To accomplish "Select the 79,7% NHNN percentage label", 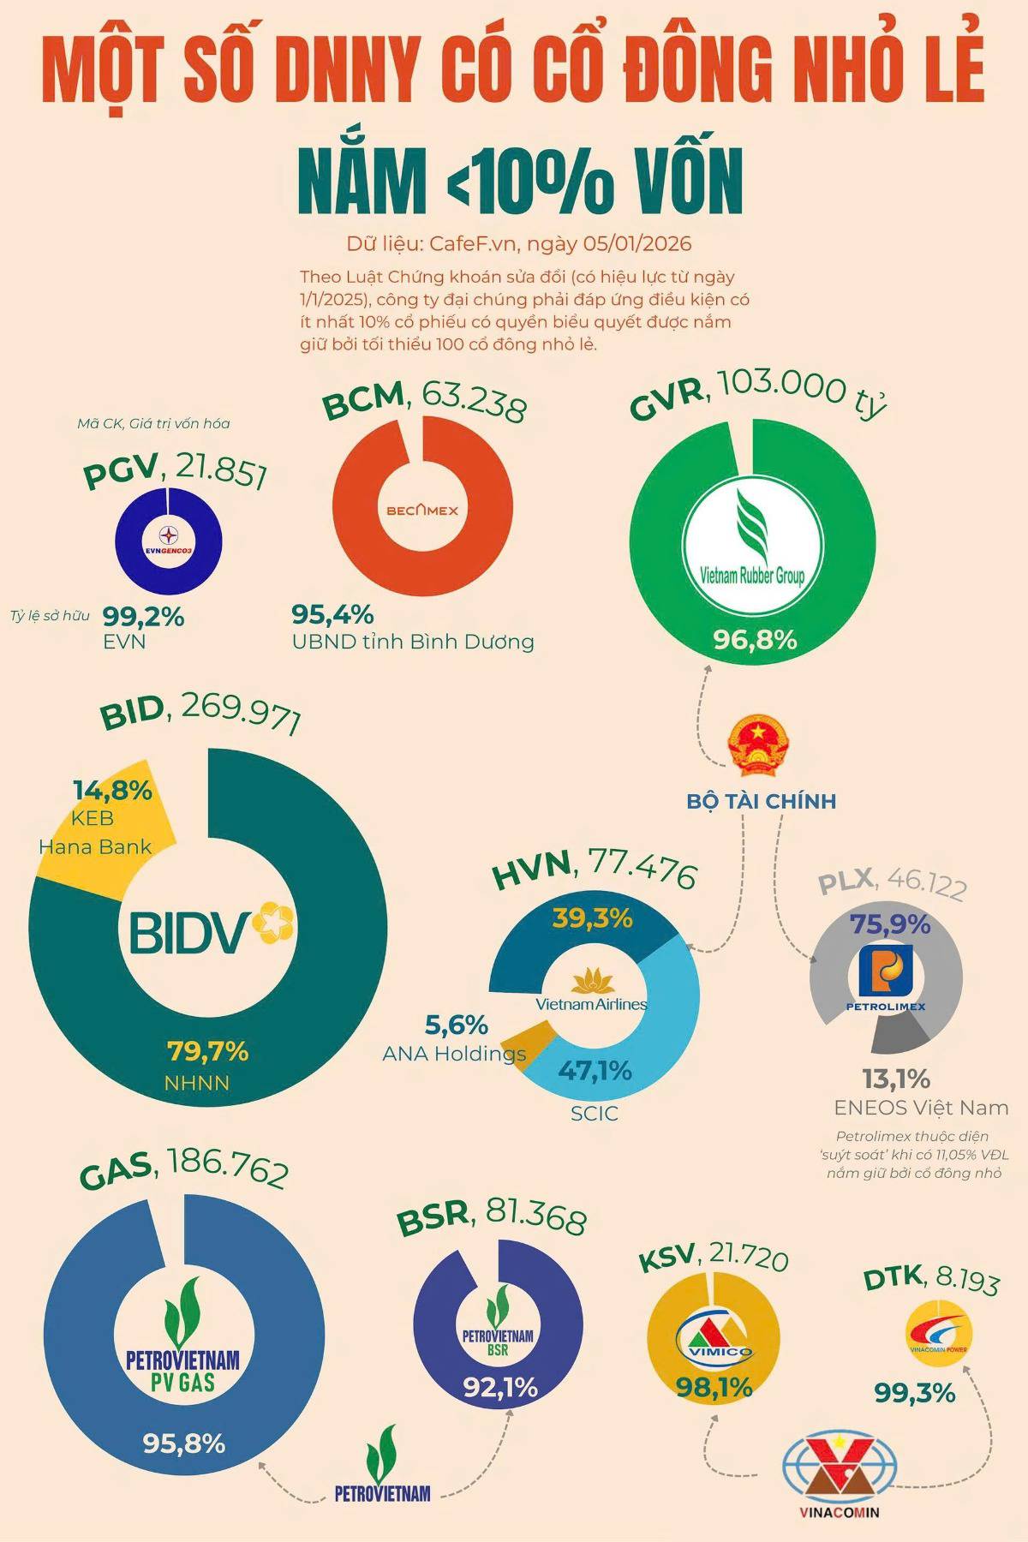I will tap(207, 1050).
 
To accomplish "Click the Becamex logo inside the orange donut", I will tap(422, 511).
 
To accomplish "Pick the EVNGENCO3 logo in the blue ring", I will tap(170, 540).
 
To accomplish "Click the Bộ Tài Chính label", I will tap(761, 802).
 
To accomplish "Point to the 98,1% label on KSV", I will tap(714, 1386).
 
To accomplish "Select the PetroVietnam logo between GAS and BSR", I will tap(382, 1465).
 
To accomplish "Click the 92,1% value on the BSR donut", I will tap(501, 1385).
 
